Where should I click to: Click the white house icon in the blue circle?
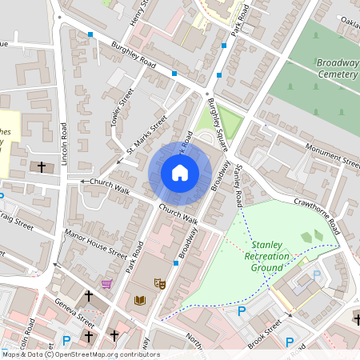click(180, 173)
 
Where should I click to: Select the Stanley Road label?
click(238, 182)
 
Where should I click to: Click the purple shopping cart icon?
click(106, 283)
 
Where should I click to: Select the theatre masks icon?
click(159, 283)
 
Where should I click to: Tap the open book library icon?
click(141, 300)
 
